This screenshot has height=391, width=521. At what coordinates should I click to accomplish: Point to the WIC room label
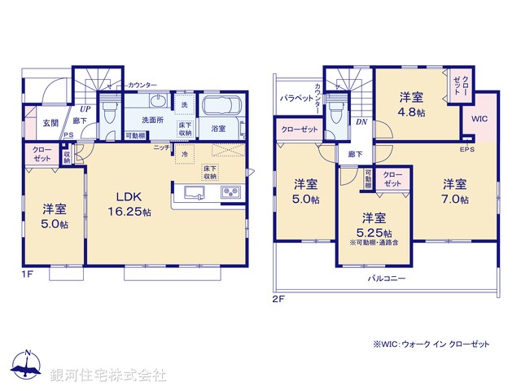(479, 118)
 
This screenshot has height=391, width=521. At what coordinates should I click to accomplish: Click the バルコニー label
(387, 278)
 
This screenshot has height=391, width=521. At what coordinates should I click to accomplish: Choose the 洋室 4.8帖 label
(411, 103)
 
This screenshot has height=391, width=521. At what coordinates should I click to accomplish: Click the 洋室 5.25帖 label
(374, 223)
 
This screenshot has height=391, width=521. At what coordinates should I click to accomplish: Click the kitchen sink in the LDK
(195, 193)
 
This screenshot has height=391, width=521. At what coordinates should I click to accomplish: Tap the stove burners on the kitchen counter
(229, 193)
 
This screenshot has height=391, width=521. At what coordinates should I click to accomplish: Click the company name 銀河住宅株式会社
(107, 376)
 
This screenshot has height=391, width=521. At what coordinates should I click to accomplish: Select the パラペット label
(296, 98)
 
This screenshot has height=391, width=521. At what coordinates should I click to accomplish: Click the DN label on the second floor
(361, 122)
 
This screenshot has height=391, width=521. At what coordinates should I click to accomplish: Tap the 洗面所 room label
(150, 120)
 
